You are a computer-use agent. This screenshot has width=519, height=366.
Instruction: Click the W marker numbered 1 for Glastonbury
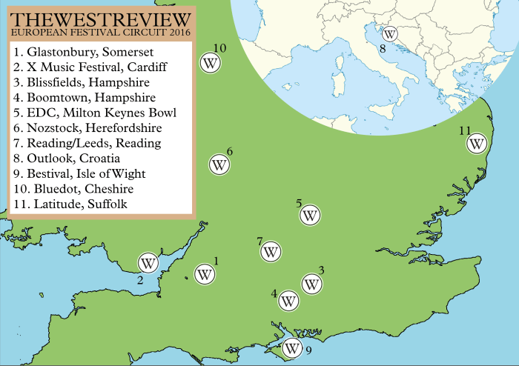click(x=205, y=274)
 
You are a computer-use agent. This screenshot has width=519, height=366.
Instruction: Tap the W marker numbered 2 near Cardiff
click(x=148, y=262)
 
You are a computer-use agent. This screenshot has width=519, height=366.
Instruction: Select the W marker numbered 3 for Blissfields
click(x=312, y=283)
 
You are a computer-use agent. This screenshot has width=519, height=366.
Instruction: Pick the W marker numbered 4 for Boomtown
click(x=288, y=302)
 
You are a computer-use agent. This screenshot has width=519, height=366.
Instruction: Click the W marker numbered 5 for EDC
click(x=310, y=216)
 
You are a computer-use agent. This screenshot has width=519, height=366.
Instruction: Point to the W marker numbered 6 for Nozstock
click(x=219, y=165)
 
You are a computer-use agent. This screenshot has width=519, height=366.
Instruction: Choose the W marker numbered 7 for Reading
click(x=271, y=252)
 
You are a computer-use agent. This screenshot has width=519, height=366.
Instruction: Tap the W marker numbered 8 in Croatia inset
click(x=389, y=33)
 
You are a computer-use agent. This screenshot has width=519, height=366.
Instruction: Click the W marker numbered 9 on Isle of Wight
click(x=293, y=347)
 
